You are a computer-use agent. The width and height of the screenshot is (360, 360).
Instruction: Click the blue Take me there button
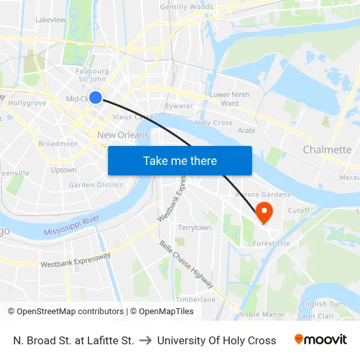180,160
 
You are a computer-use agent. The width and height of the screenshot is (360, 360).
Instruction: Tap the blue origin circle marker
96,98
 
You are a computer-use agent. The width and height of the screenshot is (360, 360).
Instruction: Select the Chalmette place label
327,150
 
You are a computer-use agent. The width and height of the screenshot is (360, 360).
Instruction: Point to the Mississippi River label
71,229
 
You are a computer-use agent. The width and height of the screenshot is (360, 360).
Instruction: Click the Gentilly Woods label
187,7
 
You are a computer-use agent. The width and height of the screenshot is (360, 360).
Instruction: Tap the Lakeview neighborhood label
50,20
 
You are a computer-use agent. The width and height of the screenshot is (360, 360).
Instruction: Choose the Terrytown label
194,228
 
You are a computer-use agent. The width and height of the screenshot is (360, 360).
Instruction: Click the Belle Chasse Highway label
187,264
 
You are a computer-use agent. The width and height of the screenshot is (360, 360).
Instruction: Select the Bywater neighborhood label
179,105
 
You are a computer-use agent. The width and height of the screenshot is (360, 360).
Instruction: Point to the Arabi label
246,130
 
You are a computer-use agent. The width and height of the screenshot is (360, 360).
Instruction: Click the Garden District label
96,185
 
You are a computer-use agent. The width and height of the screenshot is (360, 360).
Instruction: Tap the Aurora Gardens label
258,195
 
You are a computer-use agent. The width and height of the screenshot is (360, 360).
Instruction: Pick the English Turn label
323,304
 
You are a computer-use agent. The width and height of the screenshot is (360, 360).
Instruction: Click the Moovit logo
320,340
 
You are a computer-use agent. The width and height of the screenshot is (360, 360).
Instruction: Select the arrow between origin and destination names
145,340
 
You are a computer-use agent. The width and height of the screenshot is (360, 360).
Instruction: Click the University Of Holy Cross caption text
217,340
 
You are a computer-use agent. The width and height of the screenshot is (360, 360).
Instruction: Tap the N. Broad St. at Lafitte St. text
73,340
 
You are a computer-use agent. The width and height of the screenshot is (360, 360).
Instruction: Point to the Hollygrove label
27,103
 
